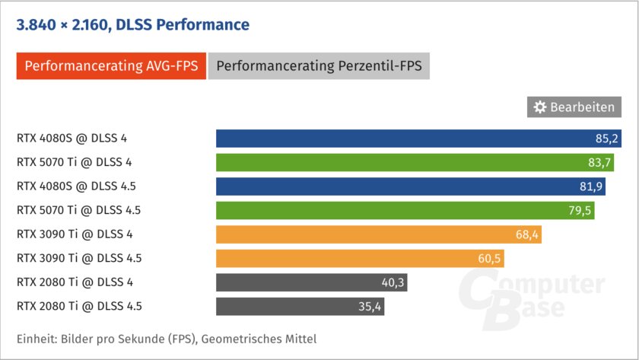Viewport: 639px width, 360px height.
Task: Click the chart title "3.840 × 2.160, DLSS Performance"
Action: point(133,25)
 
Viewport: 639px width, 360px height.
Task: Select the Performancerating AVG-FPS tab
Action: point(111,65)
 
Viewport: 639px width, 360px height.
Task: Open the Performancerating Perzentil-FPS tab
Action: point(319,65)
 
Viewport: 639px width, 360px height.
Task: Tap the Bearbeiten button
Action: point(574,107)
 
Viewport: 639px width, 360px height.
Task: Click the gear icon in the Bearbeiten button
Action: point(540,107)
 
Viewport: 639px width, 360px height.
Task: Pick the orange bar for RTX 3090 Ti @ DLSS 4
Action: point(365,234)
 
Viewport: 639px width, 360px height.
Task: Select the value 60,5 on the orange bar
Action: point(489,259)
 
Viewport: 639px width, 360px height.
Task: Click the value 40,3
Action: point(393,282)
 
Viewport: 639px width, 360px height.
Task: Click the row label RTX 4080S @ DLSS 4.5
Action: point(78,186)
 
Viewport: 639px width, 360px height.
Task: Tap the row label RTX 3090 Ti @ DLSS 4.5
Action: point(79,259)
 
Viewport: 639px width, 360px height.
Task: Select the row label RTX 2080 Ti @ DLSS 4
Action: point(75,282)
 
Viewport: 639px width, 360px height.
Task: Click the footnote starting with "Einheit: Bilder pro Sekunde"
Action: point(167,339)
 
